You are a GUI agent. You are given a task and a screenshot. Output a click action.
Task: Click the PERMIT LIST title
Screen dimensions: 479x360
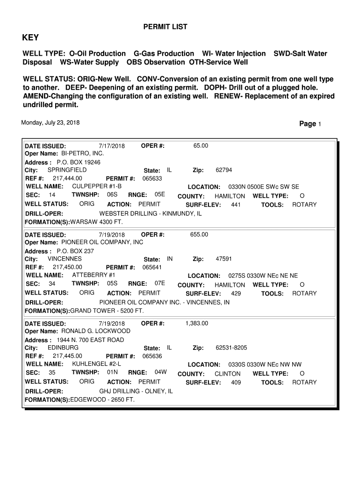tap(165, 27)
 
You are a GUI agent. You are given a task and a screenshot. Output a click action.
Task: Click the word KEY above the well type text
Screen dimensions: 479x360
tap(31, 38)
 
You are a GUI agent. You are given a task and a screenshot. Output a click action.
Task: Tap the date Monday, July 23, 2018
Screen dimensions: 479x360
tap(50, 123)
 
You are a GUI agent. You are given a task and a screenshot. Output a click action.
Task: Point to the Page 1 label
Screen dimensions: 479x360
tap(310, 124)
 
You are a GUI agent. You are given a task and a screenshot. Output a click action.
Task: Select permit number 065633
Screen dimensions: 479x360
tap(152, 179)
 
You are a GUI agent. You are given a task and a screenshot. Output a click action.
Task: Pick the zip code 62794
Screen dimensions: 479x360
tap(223, 170)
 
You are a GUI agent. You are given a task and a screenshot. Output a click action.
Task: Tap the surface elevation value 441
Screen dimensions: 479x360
tap(236, 205)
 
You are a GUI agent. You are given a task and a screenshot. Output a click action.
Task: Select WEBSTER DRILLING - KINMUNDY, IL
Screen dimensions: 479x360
tap(151, 213)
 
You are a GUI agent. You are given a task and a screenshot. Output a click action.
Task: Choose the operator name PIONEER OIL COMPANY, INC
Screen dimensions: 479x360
tap(102, 242)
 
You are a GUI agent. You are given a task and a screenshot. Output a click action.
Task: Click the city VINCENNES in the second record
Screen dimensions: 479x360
tap(65, 259)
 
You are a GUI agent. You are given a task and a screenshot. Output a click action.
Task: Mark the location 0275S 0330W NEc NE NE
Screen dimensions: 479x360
tap(263, 276)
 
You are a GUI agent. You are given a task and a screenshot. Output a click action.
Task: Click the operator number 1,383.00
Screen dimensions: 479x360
tap(197, 323)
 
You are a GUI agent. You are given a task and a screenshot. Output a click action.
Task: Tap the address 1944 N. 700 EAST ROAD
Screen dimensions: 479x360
tap(90, 340)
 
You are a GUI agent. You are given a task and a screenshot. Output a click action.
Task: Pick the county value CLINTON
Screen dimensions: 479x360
tap(227, 374)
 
